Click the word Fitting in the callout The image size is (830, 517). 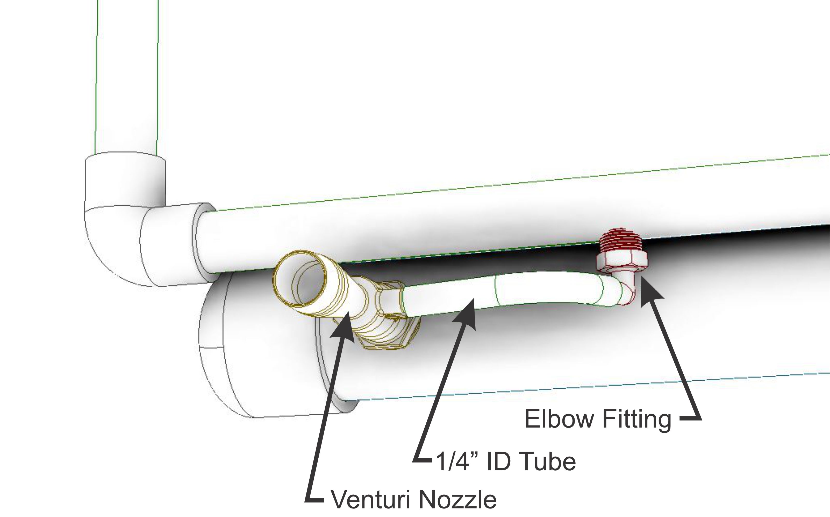pos(637,419)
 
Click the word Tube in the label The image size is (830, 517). pos(548,462)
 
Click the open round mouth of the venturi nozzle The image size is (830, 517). pos(300,279)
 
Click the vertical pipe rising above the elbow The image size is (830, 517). pos(126,75)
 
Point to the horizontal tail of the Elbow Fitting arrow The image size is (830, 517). pos(690,418)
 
